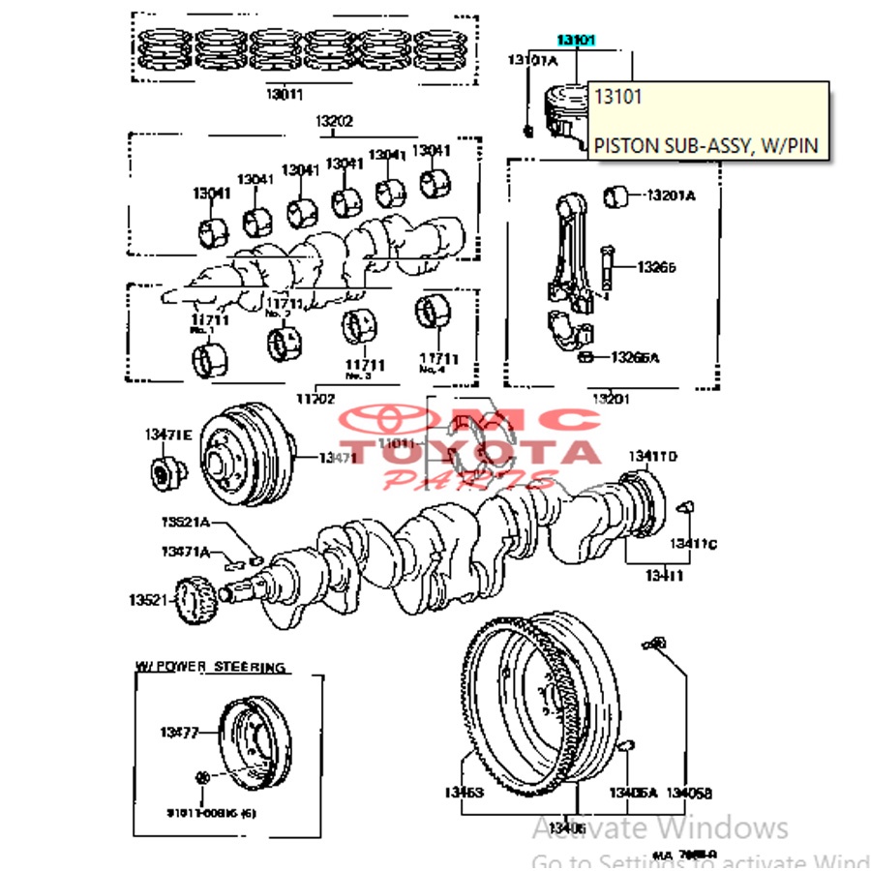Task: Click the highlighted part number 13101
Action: click(x=576, y=40)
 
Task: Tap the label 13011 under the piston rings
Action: click(x=285, y=95)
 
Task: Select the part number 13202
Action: click(x=333, y=122)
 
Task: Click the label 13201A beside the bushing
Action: click(x=671, y=195)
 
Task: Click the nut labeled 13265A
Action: click(x=586, y=357)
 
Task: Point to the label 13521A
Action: click(x=185, y=523)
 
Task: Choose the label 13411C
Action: click(x=695, y=544)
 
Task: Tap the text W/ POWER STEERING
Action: click(x=210, y=667)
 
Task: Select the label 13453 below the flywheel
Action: click(x=464, y=793)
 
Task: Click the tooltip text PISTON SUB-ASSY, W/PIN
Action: click(x=706, y=146)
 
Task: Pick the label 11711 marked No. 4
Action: click(x=439, y=357)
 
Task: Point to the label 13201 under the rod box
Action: click(x=612, y=398)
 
